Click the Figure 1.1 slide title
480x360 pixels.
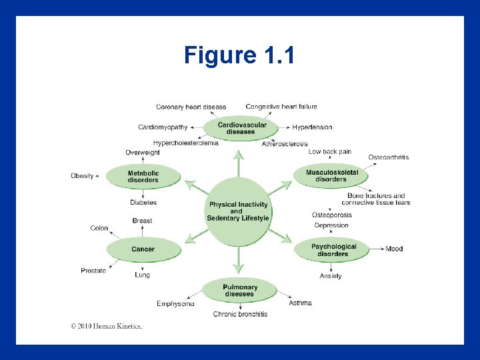[239, 55]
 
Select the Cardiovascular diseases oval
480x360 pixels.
[241, 128]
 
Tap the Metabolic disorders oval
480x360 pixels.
[143, 176]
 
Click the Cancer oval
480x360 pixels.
[143, 249]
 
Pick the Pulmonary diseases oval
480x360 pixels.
[239, 290]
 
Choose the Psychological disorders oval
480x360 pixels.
[333, 249]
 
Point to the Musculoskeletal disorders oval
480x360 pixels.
[331, 176]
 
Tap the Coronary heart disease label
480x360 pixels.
[191, 107]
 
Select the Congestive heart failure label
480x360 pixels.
[281, 107]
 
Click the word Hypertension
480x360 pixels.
[312, 127]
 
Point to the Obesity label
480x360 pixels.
[82, 176]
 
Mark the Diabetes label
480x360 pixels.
[143, 202]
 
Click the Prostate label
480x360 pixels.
[93, 271]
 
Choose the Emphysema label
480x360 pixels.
[175, 303]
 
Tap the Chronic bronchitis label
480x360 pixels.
[240, 314]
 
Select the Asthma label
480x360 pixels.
[300, 303]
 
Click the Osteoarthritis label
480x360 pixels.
[388, 157]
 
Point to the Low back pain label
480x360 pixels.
[329, 151]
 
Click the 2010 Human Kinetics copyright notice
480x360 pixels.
[107, 326]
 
